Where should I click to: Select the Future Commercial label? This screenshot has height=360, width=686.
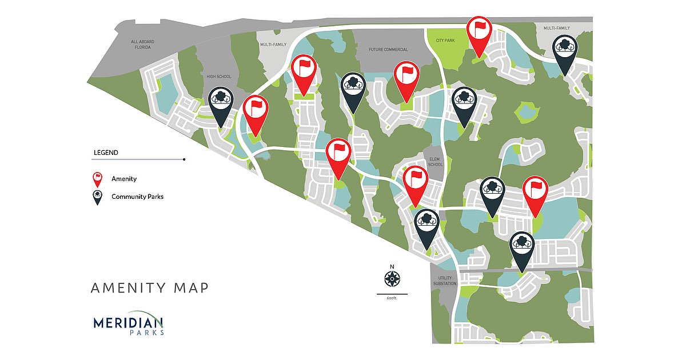[388, 50]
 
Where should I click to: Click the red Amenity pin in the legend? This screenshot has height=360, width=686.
[98, 179]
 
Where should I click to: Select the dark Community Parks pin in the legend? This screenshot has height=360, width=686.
[98, 197]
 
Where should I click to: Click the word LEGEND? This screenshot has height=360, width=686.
[106, 153]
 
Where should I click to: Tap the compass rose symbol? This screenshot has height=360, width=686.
[392, 279]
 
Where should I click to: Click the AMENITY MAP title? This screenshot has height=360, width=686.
[150, 287]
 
